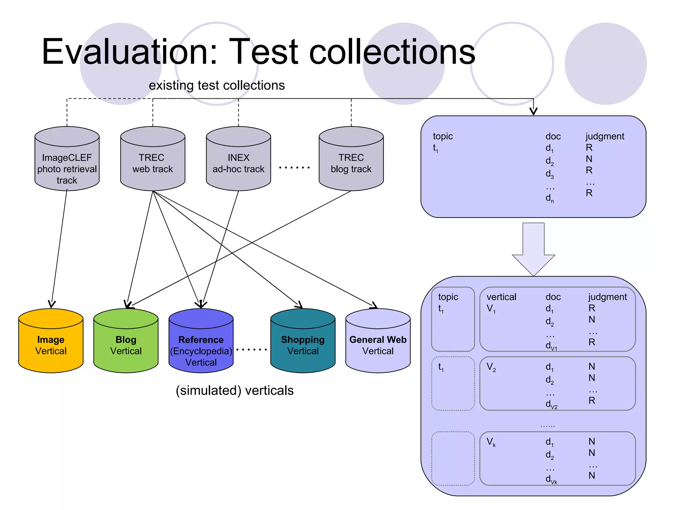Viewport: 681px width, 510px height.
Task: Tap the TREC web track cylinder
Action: [153, 163]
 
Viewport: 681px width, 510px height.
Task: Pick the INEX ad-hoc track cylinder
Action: [238, 163]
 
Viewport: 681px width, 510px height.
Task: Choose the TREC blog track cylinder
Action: [351, 163]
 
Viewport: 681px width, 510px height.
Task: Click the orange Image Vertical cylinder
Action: [51, 345]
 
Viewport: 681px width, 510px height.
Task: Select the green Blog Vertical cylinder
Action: [126, 345]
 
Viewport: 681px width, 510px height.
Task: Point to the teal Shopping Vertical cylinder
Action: [303, 345]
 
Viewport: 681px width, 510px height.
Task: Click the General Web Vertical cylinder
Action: [378, 345]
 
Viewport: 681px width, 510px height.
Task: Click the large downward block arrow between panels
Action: [533, 249]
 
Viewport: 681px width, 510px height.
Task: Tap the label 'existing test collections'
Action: [216, 85]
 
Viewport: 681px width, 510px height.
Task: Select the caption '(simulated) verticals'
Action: [234, 390]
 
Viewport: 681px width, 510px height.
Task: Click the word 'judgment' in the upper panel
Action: [605, 136]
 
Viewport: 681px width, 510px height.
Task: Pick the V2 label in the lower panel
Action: [491, 367]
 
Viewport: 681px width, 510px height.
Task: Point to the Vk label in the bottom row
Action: [491, 442]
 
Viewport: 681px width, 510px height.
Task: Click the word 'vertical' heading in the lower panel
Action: [501, 297]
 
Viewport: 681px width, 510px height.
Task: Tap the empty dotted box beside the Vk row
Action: [453, 459]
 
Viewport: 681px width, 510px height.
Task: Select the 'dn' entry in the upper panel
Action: [550, 198]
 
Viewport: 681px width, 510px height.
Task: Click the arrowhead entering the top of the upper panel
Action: [533, 112]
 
